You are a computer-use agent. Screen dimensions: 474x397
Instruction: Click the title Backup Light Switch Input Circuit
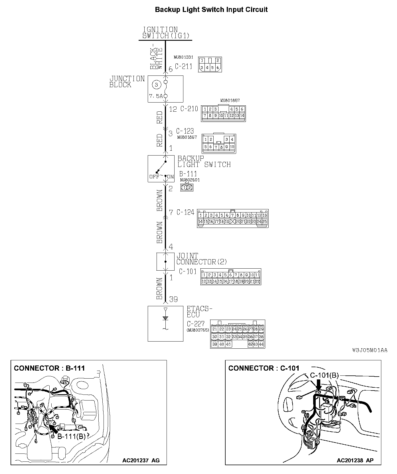point(211,10)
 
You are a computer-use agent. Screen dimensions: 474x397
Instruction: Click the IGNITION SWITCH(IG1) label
point(166,33)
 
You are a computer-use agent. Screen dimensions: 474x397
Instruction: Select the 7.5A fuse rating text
point(155,96)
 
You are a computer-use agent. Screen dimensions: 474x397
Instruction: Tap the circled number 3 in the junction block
point(156,84)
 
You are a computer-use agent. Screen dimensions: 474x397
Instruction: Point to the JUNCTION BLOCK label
point(127,81)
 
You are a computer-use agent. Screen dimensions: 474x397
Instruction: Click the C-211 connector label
point(183,66)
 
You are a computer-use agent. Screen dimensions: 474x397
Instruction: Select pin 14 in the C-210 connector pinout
point(242,116)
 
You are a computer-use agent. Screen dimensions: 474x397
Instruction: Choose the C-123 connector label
point(185,131)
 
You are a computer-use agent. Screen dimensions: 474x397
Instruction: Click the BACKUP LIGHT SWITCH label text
point(204,162)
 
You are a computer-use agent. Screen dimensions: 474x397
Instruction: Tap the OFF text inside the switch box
point(154,177)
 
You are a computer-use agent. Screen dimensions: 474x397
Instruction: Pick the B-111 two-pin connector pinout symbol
point(187,187)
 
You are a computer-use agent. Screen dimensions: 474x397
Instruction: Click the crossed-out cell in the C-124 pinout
point(233,221)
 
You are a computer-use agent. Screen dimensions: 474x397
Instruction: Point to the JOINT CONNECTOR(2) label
point(201,259)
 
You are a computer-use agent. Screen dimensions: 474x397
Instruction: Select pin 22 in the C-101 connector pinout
point(257,281)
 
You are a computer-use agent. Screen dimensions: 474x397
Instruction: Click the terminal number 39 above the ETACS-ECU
point(173,299)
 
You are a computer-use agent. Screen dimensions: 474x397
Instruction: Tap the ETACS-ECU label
point(199,312)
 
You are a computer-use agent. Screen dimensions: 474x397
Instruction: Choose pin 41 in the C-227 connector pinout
point(228,344)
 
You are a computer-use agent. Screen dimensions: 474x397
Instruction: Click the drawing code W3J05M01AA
point(370,350)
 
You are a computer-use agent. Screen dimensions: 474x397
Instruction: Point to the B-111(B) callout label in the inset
point(72,436)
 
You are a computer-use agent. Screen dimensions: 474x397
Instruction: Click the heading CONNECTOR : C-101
point(264,368)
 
